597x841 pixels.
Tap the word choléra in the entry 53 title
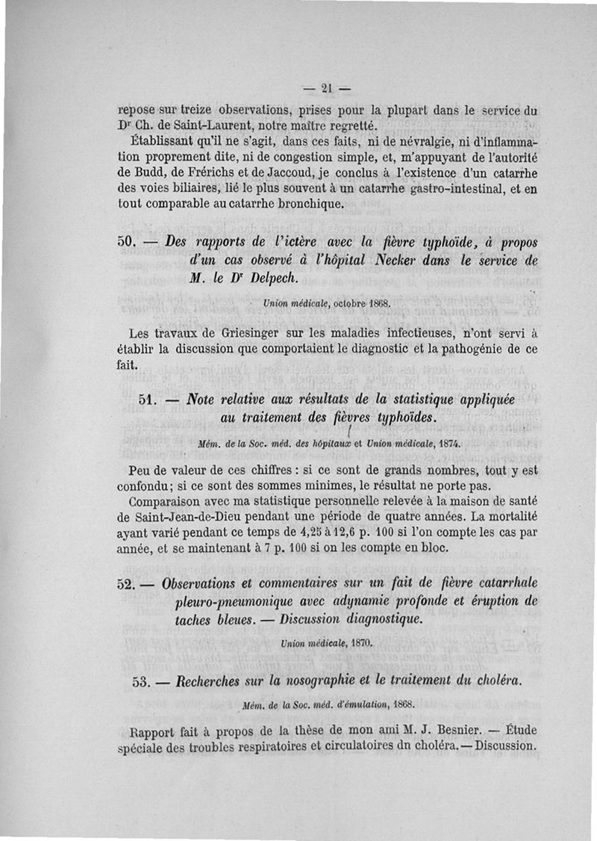click(x=497, y=682)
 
